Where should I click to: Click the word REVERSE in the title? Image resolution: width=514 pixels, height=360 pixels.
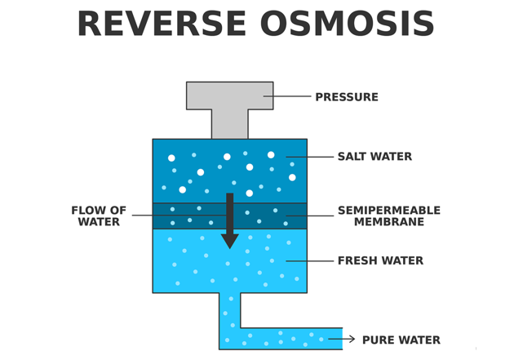162,24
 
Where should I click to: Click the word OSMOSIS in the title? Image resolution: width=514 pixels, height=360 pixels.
348,24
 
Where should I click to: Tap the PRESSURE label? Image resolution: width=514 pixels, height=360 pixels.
347,97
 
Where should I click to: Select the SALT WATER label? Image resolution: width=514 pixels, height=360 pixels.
374,157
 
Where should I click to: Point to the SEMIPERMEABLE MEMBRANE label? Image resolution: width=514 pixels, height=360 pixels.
388,216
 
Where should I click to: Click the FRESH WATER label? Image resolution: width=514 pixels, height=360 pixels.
380,261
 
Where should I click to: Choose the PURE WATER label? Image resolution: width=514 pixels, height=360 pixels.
401,340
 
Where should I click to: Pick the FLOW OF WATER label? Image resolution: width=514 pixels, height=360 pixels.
99,216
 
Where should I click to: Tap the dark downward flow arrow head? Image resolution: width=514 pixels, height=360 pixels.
230,240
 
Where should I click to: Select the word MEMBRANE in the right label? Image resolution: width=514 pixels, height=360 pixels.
388,222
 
